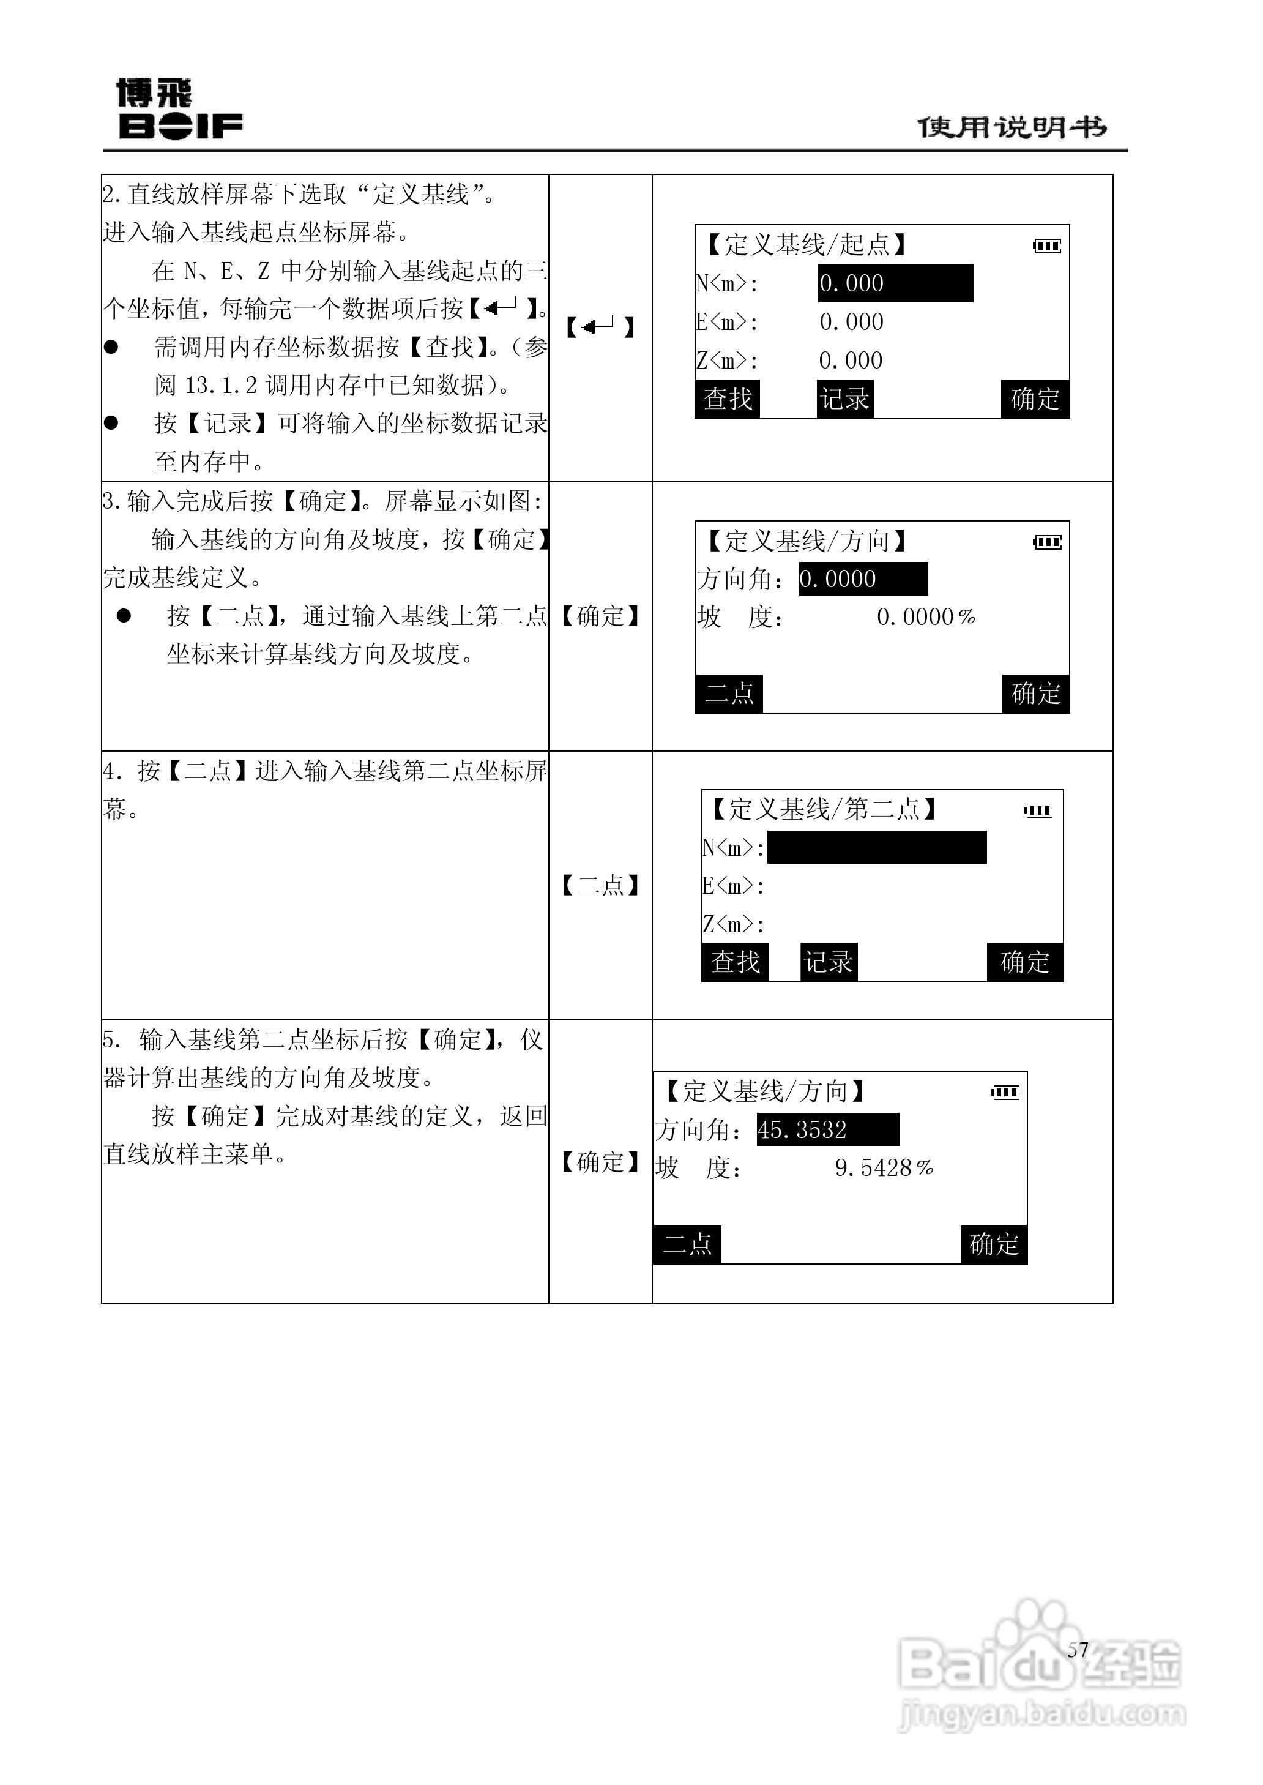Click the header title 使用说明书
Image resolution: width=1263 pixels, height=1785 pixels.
(1012, 127)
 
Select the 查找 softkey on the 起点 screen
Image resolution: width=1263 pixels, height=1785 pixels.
(727, 399)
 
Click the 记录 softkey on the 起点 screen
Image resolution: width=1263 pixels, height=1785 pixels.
(844, 399)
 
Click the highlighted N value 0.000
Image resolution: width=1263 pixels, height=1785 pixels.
(895, 283)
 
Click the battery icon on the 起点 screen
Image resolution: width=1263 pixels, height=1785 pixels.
(1047, 247)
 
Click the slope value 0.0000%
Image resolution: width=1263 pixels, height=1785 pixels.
(925, 618)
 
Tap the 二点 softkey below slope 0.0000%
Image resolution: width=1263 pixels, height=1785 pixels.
(729, 693)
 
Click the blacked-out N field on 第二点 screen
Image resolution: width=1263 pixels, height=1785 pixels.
(876, 847)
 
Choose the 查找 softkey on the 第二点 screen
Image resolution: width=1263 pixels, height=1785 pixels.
(735, 962)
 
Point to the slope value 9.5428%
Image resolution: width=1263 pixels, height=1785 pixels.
(884, 1168)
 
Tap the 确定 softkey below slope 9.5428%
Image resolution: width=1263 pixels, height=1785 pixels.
(994, 1244)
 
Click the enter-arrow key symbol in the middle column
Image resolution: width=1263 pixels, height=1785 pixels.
(600, 327)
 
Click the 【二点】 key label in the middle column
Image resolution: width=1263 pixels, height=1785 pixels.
(600, 885)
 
